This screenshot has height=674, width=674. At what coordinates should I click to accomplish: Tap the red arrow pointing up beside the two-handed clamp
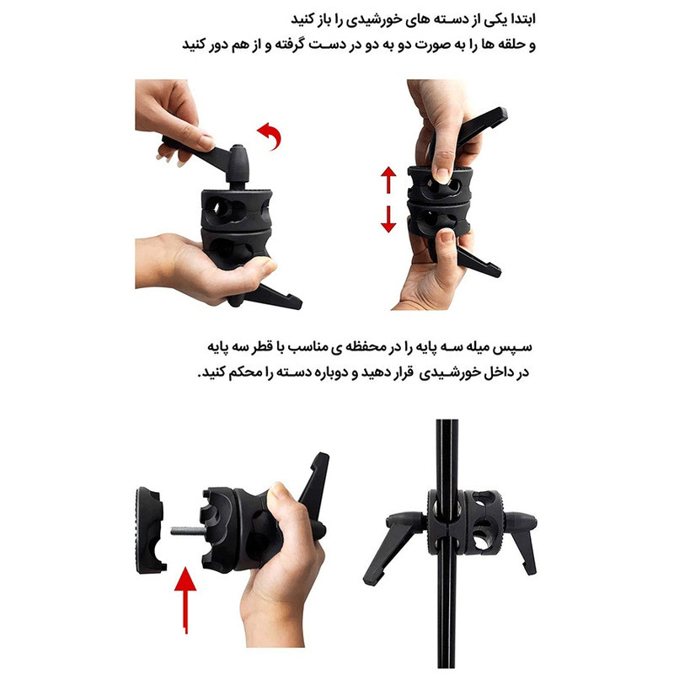click(x=388, y=180)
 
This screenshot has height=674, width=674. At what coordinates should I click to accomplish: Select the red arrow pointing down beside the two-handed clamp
click(x=388, y=218)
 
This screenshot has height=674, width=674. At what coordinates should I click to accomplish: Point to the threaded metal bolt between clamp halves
click(x=185, y=532)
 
